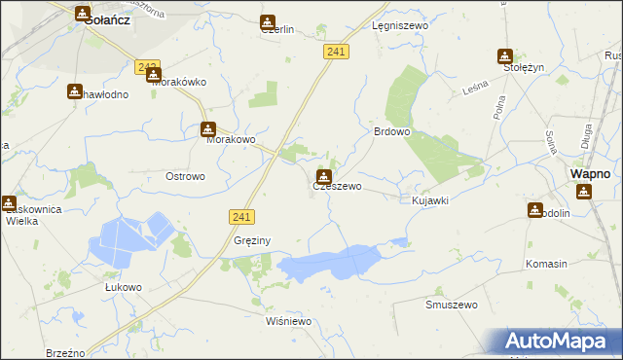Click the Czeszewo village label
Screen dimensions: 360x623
point(338,185)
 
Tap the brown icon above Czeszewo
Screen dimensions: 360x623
point(323,176)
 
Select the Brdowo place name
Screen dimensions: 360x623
point(392,131)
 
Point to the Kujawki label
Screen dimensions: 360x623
point(430,200)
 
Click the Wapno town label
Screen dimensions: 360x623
point(590,173)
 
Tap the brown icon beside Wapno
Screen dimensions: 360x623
point(583,191)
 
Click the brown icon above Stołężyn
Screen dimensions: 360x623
point(505,56)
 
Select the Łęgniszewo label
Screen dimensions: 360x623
point(396,27)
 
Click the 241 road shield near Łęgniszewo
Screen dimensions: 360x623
point(336,52)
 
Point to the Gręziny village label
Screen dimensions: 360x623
point(251,239)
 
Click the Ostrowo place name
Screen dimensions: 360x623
point(185,176)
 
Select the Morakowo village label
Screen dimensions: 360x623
point(231,140)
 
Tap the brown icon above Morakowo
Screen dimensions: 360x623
point(208,129)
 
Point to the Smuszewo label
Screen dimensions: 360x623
point(452,305)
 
